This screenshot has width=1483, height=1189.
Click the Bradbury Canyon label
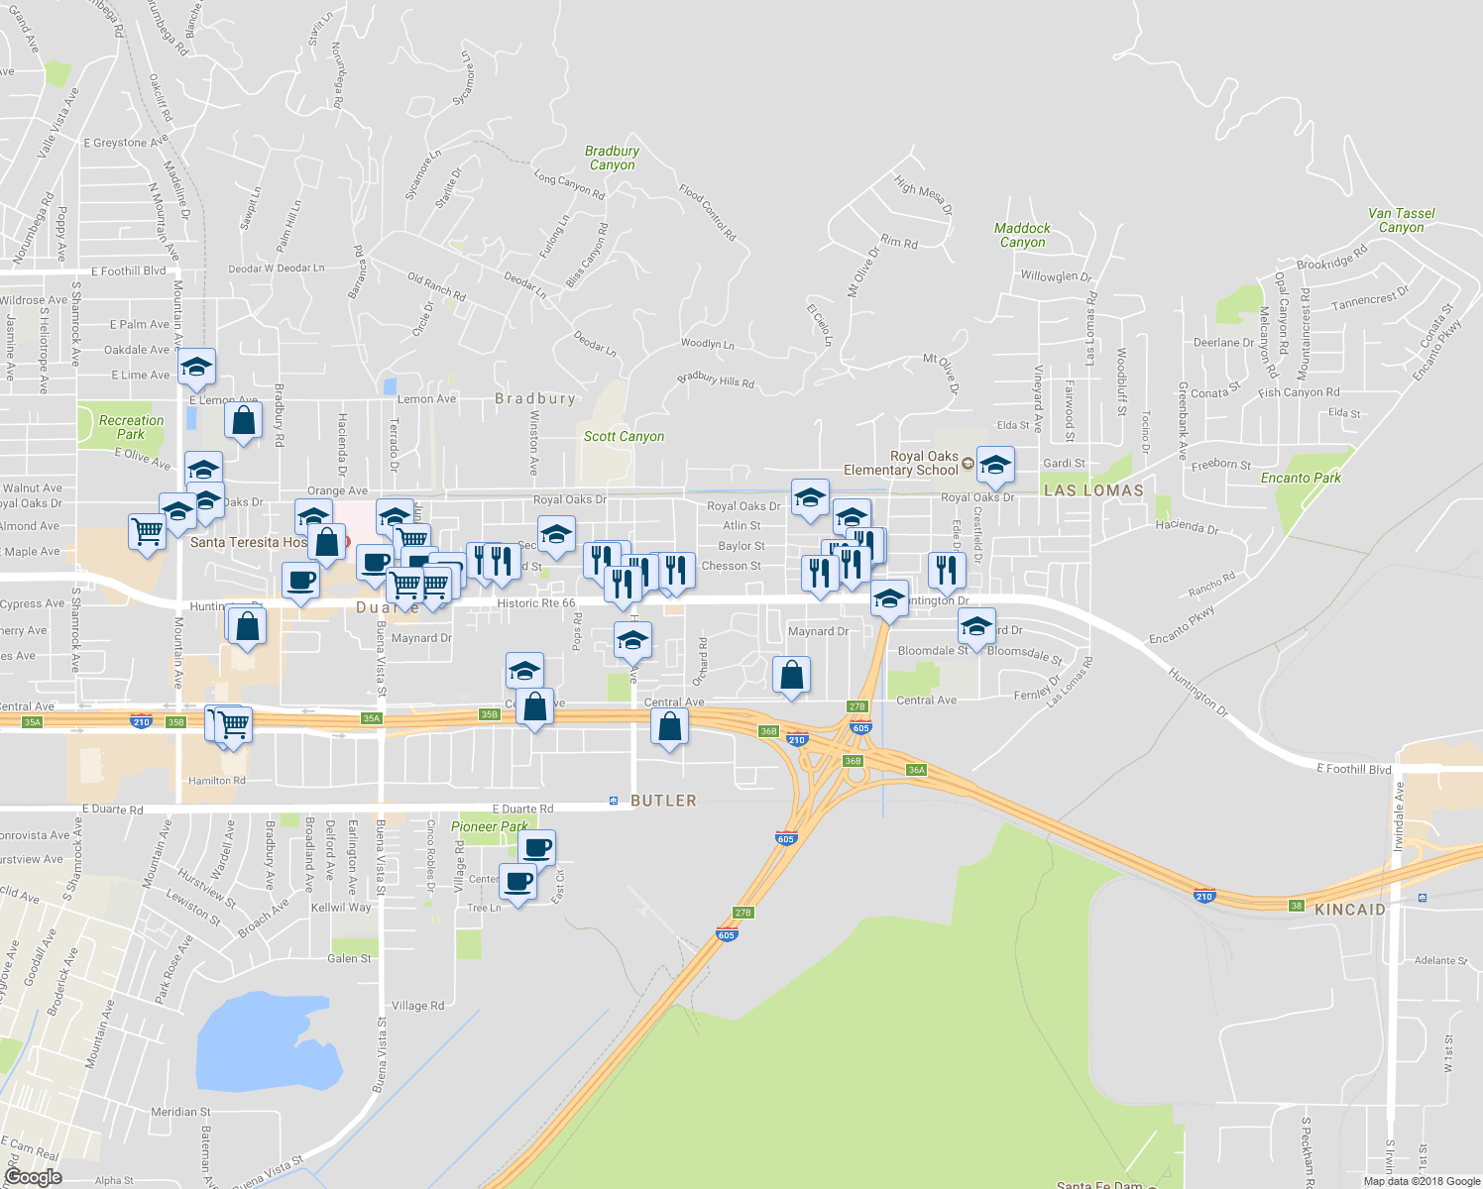click(x=612, y=159)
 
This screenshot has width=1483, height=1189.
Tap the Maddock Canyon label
click(x=1022, y=235)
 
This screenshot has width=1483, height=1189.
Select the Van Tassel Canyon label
click(x=1401, y=220)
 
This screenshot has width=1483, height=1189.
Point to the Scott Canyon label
click(x=624, y=436)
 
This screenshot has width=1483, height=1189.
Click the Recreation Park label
click(x=131, y=427)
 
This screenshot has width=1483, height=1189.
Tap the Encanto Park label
click(x=1301, y=478)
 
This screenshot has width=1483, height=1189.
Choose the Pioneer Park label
click(x=489, y=826)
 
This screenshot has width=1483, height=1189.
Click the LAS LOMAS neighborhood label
click(x=1093, y=490)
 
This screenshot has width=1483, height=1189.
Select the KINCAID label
click(x=1350, y=910)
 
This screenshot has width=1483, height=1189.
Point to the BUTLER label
click(x=663, y=801)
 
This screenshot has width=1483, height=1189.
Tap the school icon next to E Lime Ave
click(x=196, y=369)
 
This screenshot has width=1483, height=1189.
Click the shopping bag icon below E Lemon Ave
click(x=243, y=421)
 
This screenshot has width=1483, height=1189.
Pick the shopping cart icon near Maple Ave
click(x=148, y=532)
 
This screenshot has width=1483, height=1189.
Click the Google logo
click(x=34, y=1177)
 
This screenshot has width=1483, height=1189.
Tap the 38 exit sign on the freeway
click(x=1297, y=906)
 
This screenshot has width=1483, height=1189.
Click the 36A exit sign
click(x=916, y=770)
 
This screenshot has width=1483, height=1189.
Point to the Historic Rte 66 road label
click(x=535, y=602)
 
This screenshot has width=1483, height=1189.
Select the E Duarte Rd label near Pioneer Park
click(x=522, y=810)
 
